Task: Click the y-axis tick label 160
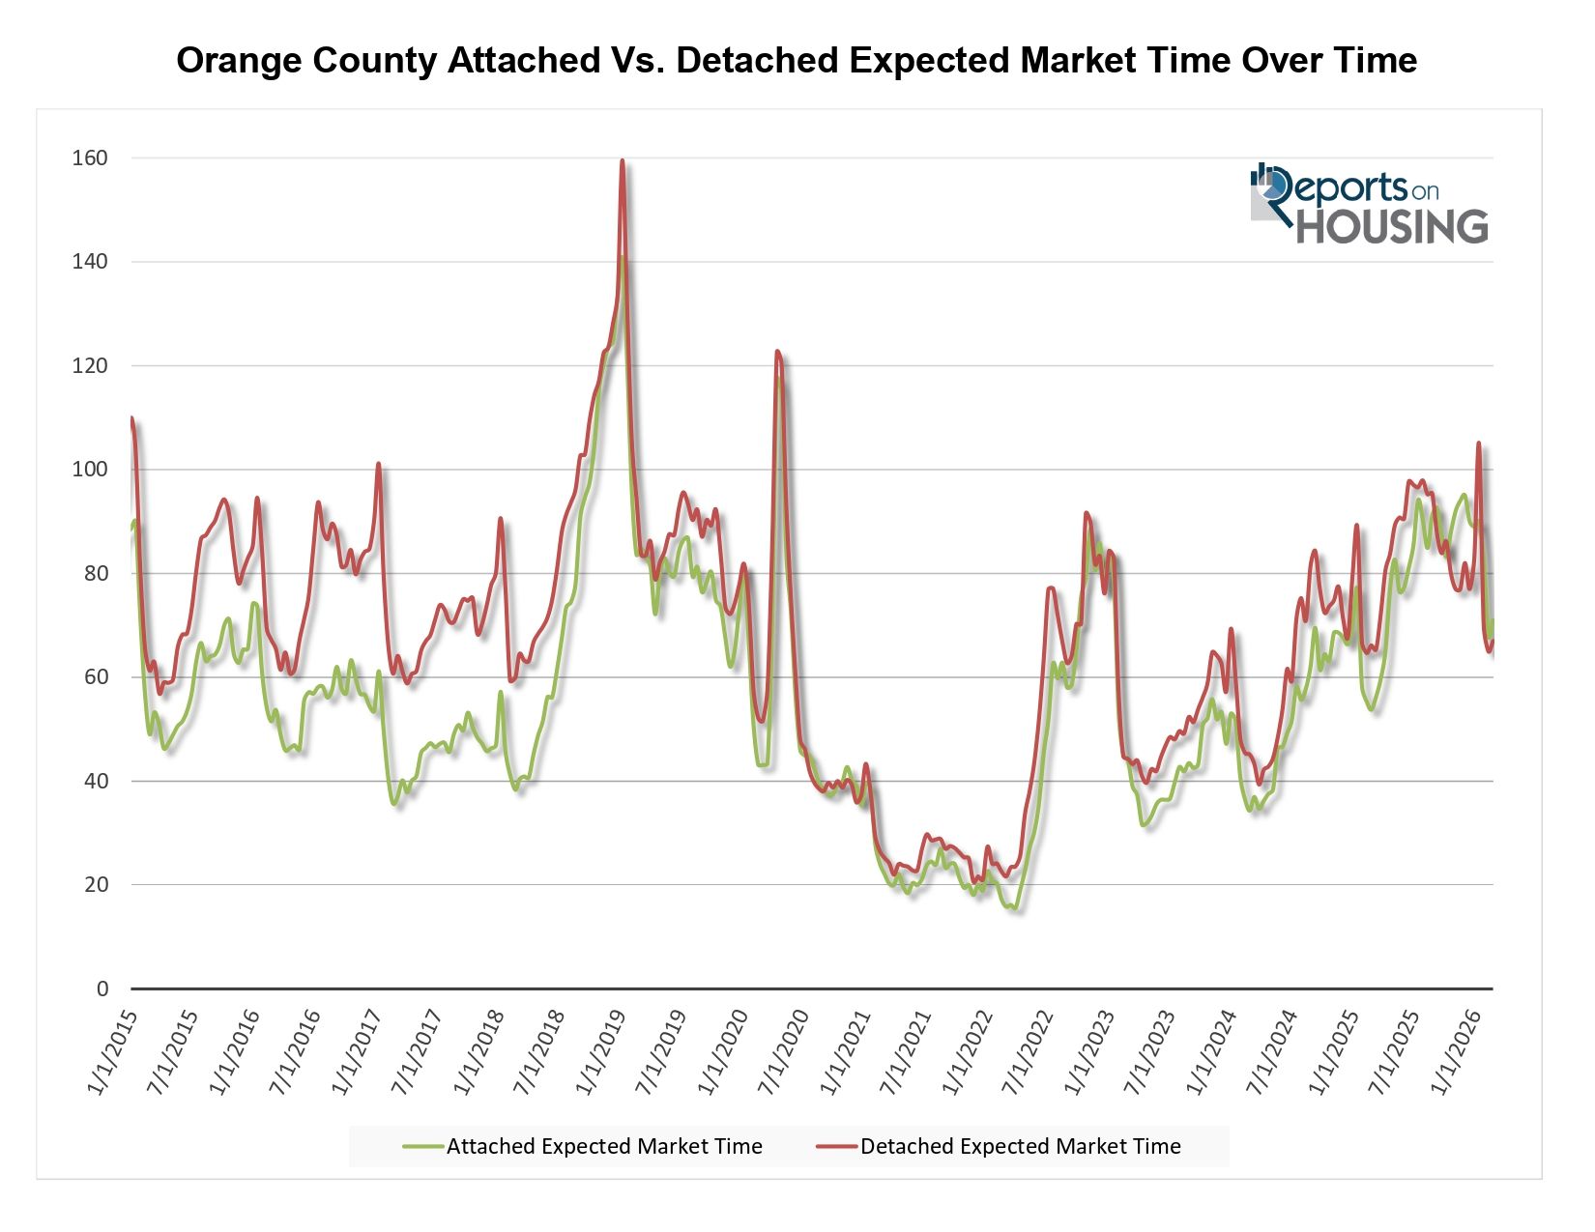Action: pyautogui.click(x=90, y=158)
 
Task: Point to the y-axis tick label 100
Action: pyautogui.click(x=90, y=470)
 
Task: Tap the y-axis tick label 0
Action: pyautogui.click(x=101, y=988)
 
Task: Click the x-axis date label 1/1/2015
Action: pyautogui.click(x=112, y=1053)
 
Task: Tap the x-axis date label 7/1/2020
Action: pyautogui.click(x=783, y=1053)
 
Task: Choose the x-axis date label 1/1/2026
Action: pyautogui.click(x=1455, y=1053)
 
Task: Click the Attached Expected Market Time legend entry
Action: pyautogui.click(x=583, y=1147)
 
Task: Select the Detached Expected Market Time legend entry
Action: pyautogui.click(x=999, y=1147)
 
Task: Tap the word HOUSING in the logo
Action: pyautogui.click(x=1392, y=226)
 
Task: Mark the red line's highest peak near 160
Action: pyautogui.click(x=622, y=160)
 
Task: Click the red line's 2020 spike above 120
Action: pyautogui.click(x=777, y=351)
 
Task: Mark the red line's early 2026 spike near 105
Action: pyautogui.click(x=1478, y=444)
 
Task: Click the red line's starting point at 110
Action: pyautogui.click(x=131, y=418)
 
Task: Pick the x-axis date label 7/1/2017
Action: pyautogui.click(x=417, y=1053)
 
